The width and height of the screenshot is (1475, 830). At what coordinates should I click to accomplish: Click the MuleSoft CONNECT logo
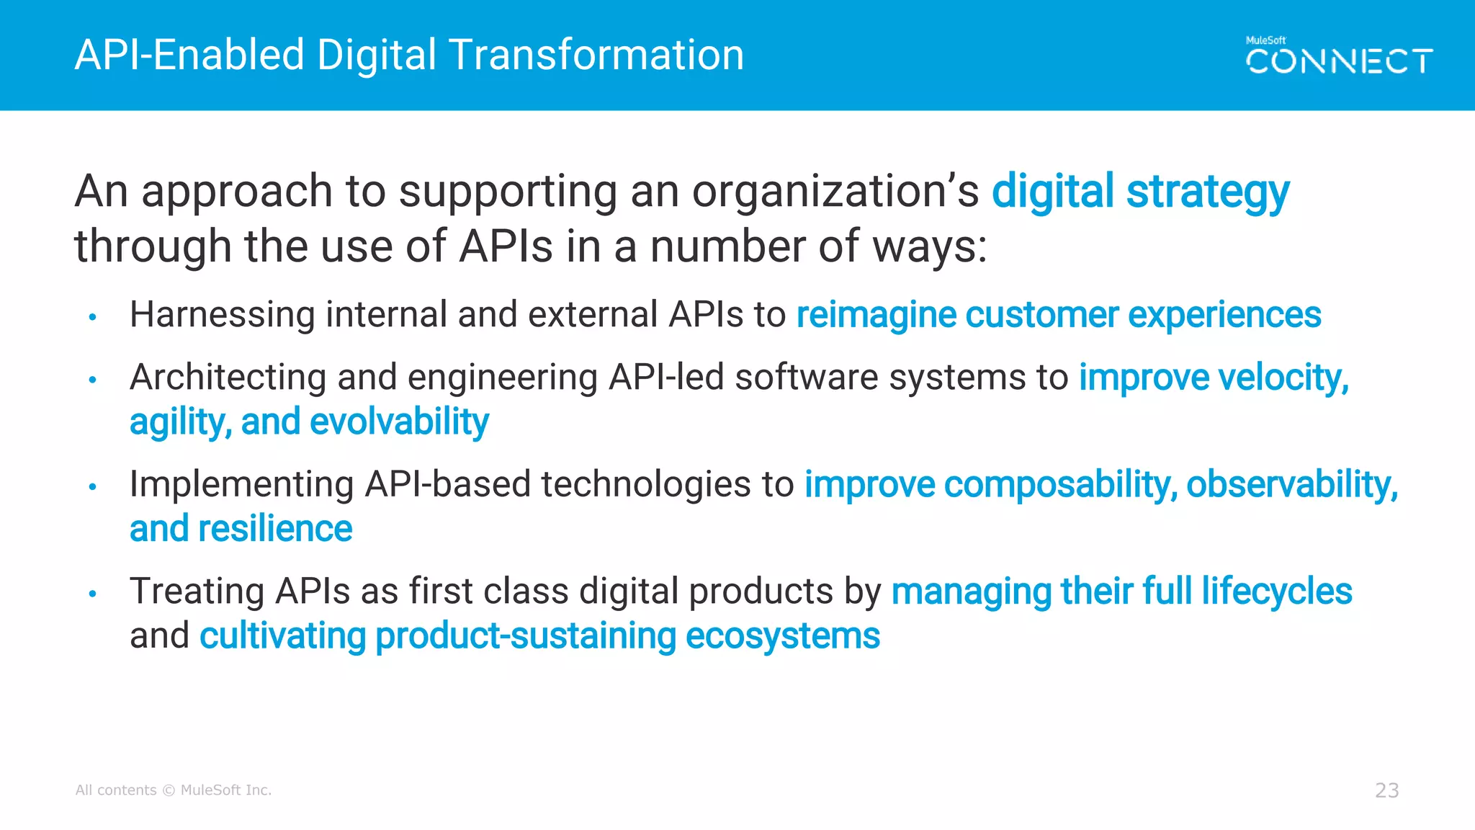click(x=1338, y=56)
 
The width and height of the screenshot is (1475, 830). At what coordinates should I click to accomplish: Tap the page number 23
click(x=1386, y=790)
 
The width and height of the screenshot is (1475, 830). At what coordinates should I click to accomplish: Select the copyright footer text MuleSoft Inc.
click(x=225, y=790)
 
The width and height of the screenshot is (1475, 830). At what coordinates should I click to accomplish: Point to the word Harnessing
click(x=222, y=316)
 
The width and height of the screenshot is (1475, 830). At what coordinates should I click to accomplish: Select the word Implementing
click(x=241, y=484)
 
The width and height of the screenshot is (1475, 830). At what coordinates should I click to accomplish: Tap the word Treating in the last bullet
click(x=196, y=592)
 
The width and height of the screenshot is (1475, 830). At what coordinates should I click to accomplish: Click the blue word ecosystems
click(x=782, y=636)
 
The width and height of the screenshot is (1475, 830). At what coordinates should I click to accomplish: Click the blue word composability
click(x=1059, y=484)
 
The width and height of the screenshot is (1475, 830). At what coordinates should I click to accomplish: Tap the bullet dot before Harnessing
click(x=92, y=317)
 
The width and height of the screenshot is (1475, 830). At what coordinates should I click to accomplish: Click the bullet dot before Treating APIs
click(x=92, y=594)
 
